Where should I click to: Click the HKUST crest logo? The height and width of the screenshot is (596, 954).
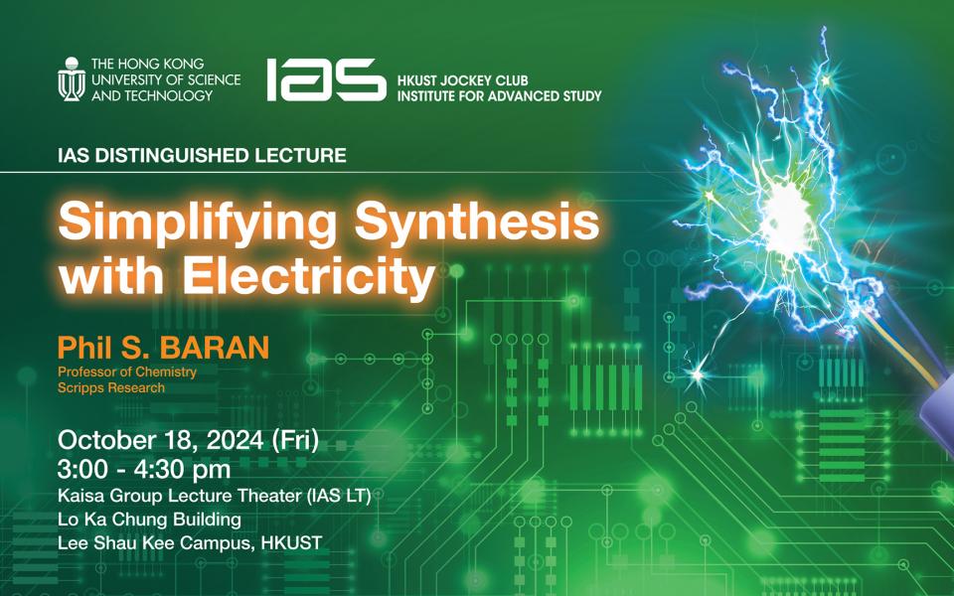[72, 79]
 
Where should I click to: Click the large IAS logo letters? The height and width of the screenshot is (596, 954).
[325, 79]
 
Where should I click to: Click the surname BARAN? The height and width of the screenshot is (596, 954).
[219, 349]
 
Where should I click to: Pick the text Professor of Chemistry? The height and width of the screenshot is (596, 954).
[126, 372]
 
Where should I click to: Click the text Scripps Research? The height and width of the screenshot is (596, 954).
[110, 387]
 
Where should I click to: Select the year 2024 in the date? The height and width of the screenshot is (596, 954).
[233, 440]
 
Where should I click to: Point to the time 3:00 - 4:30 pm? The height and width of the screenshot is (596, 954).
[144, 468]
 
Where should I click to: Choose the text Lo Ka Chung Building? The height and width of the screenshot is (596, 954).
[149, 519]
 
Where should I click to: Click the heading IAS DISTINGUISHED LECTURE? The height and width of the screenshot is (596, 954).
[202, 156]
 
